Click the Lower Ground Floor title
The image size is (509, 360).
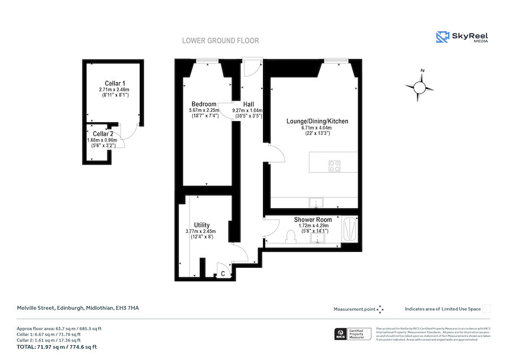click(220, 41)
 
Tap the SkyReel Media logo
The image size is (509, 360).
click(462, 37)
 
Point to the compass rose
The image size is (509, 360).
click(420, 87)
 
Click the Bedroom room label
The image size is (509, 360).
click(204, 104)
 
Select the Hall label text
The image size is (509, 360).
click(249, 104)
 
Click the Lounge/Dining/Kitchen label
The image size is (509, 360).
click(317, 121)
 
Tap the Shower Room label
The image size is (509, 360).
click(313, 220)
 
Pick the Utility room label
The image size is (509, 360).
click(202, 225)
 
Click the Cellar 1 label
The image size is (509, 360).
click(115, 83)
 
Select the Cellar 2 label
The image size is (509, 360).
click(103, 134)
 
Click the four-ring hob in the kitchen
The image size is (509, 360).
click(335, 166)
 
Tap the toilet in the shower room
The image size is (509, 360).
click(292, 236)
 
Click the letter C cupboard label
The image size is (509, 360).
click(223, 274)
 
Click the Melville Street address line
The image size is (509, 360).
click(77, 308)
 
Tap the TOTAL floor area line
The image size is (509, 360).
click(57, 347)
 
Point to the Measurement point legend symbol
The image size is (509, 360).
click(380, 309)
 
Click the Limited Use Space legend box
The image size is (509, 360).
click(487, 309)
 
